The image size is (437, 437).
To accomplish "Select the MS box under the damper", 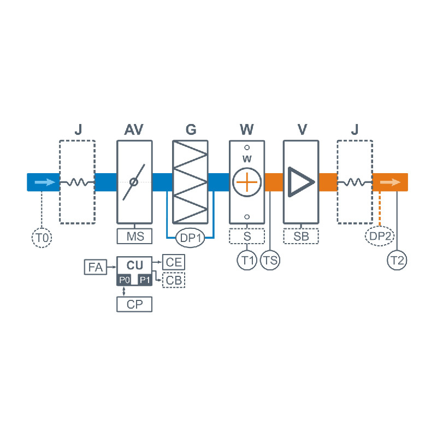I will [134, 236].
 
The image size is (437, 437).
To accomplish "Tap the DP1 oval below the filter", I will [190, 238].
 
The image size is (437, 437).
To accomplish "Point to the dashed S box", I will [247, 236].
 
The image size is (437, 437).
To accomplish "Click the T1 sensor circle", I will [247, 260].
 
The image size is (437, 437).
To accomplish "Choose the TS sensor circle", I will [270, 260].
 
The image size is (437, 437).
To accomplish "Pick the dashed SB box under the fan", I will [300, 236].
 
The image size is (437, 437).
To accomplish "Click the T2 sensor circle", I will [397, 260].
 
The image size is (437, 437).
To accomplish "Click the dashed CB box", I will [174, 280].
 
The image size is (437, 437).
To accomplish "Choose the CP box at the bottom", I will [134, 304].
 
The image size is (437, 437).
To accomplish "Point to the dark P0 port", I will [124, 280].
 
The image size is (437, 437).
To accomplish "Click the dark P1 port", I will [144, 280].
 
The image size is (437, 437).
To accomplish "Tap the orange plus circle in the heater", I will [247, 181].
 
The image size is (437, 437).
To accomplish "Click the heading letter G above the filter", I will [190, 130].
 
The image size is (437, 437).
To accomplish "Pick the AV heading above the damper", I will [134, 130].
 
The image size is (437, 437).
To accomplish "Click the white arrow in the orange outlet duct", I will [389, 182].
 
